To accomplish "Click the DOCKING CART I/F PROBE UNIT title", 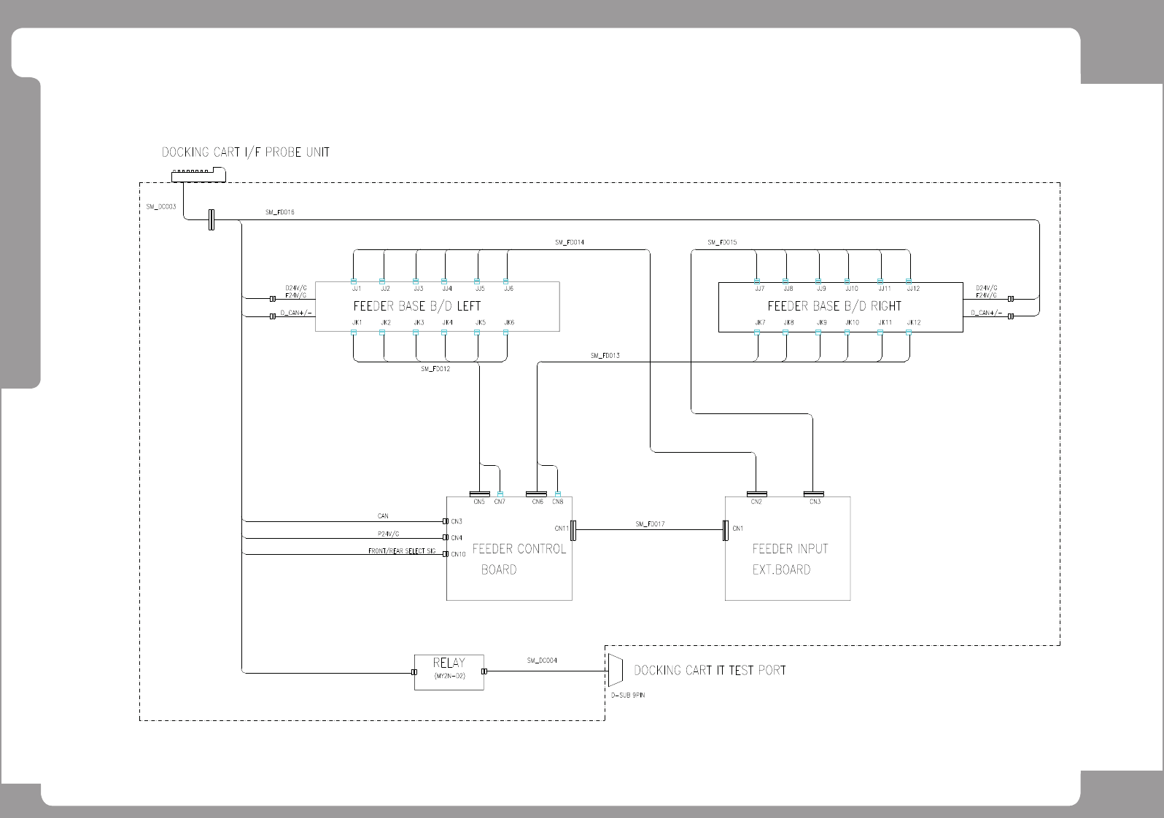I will pos(245,152).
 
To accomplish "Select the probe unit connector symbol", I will pos(198,175).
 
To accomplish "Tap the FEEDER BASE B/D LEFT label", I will pos(416,306).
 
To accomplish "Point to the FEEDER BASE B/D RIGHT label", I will pos(834,306).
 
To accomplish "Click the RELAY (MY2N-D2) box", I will pos(449,671).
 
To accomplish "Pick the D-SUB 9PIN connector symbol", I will pos(614,670).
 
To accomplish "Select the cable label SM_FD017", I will pos(650,523).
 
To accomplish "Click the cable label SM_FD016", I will pos(280,212).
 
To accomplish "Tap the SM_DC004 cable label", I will pos(542,661).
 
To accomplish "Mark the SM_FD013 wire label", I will pos(605,356).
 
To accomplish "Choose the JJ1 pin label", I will pos(357,289).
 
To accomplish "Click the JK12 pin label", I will pos(914,322).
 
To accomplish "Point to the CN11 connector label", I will pos(562,529).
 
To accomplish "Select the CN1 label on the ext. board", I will pos(738,529).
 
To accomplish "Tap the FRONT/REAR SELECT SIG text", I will pos(402,551).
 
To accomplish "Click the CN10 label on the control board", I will pos(458,554).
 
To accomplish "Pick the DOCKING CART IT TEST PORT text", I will pos(710,670).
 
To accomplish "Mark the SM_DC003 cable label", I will pos(160,206).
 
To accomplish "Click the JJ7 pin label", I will pos(760,289).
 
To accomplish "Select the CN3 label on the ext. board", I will pos(815,502).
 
